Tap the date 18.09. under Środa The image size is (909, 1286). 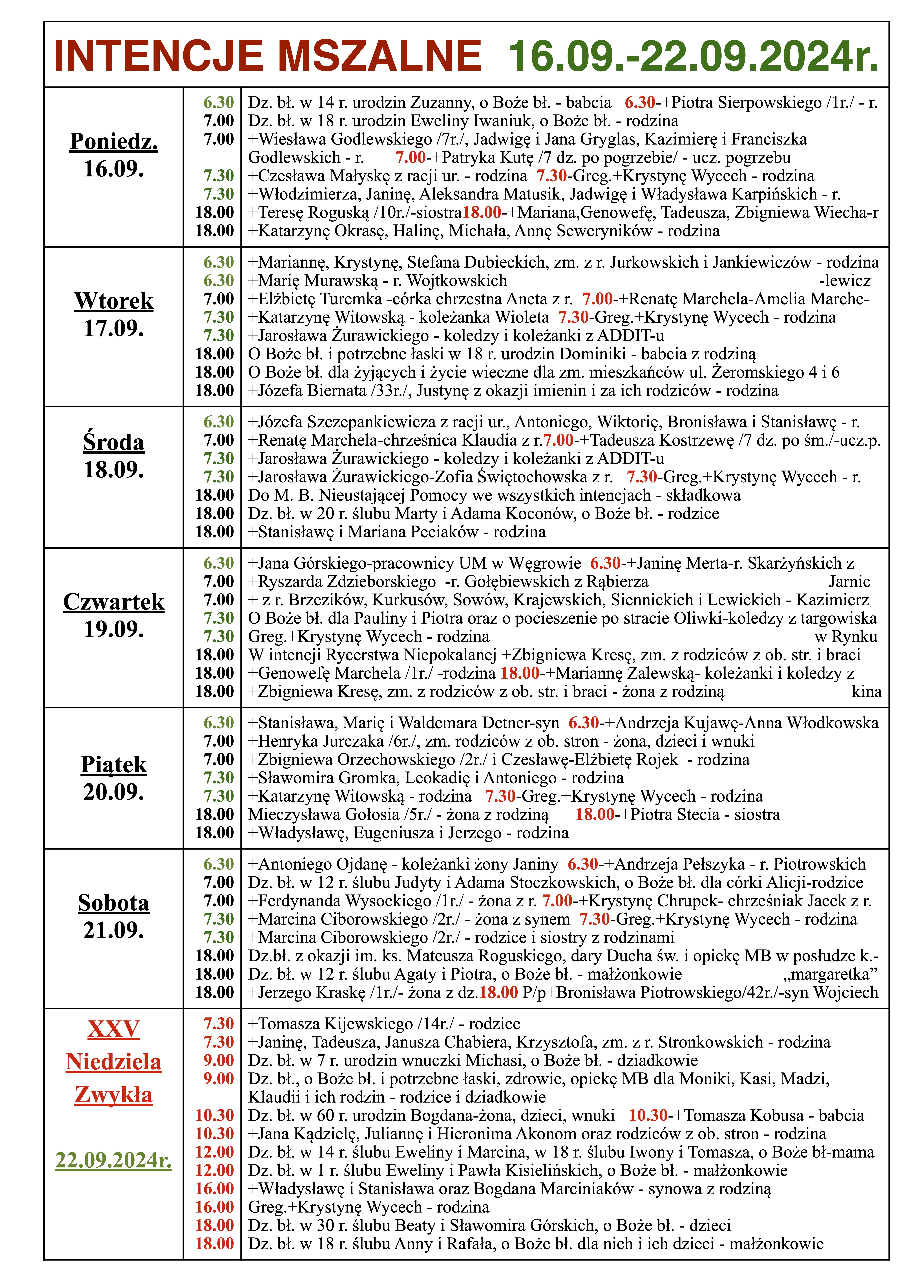click(114, 469)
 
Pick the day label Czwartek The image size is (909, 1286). click(114, 602)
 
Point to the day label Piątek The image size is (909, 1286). click(114, 765)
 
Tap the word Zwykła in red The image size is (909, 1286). click(114, 1094)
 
